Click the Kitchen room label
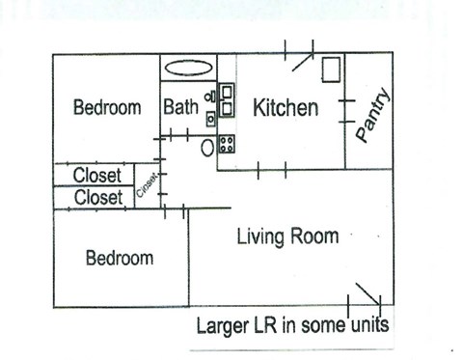[x=286, y=108]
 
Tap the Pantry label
[x=373, y=116]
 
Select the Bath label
[x=180, y=107]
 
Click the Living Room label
[x=287, y=236]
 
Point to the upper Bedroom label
[x=107, y=107]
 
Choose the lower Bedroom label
[x=119, y=259]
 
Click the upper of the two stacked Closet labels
[x=97, y=176]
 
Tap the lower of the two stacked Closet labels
[x=97, y=198]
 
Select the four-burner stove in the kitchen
[x=228, y=145]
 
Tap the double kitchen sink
[x=228, y=98]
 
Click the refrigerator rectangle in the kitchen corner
[x=331, y=71]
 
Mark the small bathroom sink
[x=210, y=119]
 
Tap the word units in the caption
[x=369, y=325]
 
